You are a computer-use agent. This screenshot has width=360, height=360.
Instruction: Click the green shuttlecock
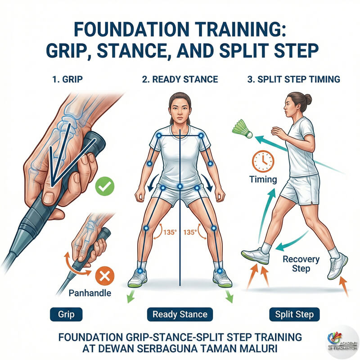click(242, 129)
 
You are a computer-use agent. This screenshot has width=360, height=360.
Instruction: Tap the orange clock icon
click(263, 161)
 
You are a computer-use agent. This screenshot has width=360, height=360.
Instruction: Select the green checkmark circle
click(105, 186)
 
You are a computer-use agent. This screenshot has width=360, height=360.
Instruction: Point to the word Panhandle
click(90, 293)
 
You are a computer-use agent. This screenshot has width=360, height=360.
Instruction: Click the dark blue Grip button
click(66, 314)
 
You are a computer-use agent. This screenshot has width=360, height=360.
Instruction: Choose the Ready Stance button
click(180, 314)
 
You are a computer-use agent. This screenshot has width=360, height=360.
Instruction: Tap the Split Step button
click(294, 314)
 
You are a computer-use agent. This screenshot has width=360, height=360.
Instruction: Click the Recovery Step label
click(301, 264)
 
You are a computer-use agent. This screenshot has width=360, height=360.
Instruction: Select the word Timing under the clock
click(263, 179)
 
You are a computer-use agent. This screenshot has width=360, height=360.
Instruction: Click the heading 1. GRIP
click(67, 80)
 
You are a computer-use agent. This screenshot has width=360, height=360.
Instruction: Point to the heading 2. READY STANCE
click(180, 80)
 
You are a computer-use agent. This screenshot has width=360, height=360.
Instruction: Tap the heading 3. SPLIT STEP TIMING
click(294, 80)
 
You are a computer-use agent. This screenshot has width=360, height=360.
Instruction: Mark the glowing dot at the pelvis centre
click(180, 186)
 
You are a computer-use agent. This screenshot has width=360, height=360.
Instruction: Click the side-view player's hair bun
click(308, 99)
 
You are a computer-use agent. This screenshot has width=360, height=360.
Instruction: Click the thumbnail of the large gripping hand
click(49, 197)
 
